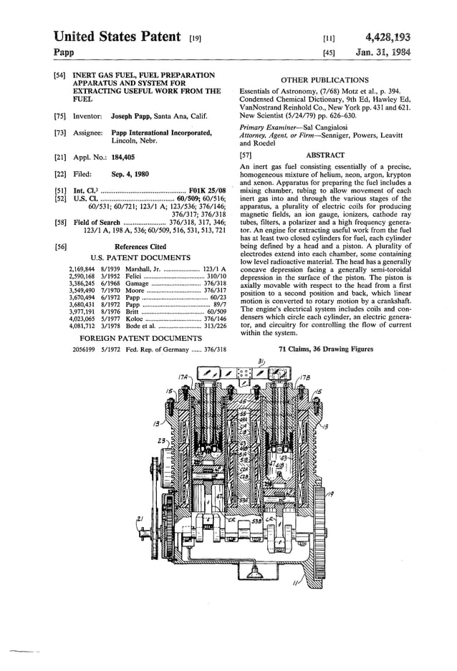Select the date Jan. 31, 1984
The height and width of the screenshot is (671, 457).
[388, 52]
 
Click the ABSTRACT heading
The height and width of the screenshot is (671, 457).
[325, 155]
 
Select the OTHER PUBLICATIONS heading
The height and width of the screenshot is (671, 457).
[325, 80]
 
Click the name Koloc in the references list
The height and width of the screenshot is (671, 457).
[135, 319]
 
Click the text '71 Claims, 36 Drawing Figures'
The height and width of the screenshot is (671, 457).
[325, 349]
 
